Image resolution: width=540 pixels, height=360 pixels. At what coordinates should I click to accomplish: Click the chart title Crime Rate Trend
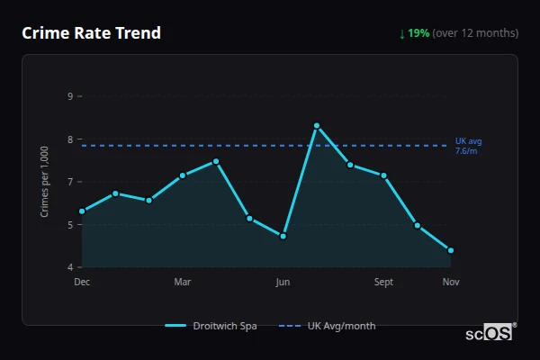pyautogui.click(x=91, y=33)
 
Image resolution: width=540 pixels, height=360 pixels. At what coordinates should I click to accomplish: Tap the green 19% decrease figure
pyautogui.click(x=418, y=33)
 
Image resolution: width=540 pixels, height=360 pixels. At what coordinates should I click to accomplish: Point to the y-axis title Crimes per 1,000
pyautogui.click(x=45, y=181)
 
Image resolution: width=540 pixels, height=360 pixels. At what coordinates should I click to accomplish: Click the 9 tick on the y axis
pyautogui.click(x=70, y=95)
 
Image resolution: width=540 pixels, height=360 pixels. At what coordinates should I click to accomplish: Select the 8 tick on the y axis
pyautogui.click(x=70, y=139)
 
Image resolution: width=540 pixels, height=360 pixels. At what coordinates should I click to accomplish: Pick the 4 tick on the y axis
pyautogui.click(x=70, y=267)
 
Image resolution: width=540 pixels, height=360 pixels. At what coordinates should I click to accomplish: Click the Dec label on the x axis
pyautogui.click(x=82, y=282)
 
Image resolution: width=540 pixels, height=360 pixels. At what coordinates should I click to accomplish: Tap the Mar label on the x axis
pyautogui.click(x=183, y=282)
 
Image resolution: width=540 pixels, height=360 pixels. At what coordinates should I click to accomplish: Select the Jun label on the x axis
pyautogui.click(x=283, y=282)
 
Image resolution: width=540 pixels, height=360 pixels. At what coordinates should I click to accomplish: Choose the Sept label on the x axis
pyautogui.click(x=383, y=282)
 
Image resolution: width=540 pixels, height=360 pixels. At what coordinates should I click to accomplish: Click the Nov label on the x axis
pyautogui.click(x=451, y=282)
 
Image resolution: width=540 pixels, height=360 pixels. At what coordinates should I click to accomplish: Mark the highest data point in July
pyautogui.click(x=317, y=125)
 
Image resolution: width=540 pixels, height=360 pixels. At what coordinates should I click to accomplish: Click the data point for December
pyautogui.click(x=82, y=211)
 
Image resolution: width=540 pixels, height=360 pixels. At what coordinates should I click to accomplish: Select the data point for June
pyautogui.click(x=283, y=236)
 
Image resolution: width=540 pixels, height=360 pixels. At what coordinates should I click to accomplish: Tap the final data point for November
pyautogui.click(x=451, y=250)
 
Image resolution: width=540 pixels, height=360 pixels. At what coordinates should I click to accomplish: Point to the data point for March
pyautogui.click(x=183, y=175)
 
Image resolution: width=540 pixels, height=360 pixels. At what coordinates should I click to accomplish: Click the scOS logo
pyautogui.click(x=489, y=332)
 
